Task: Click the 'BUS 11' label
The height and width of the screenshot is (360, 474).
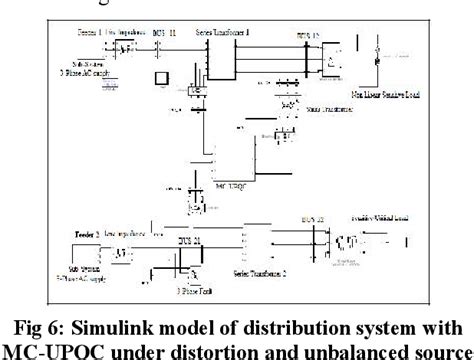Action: click(x=173, y=34)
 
